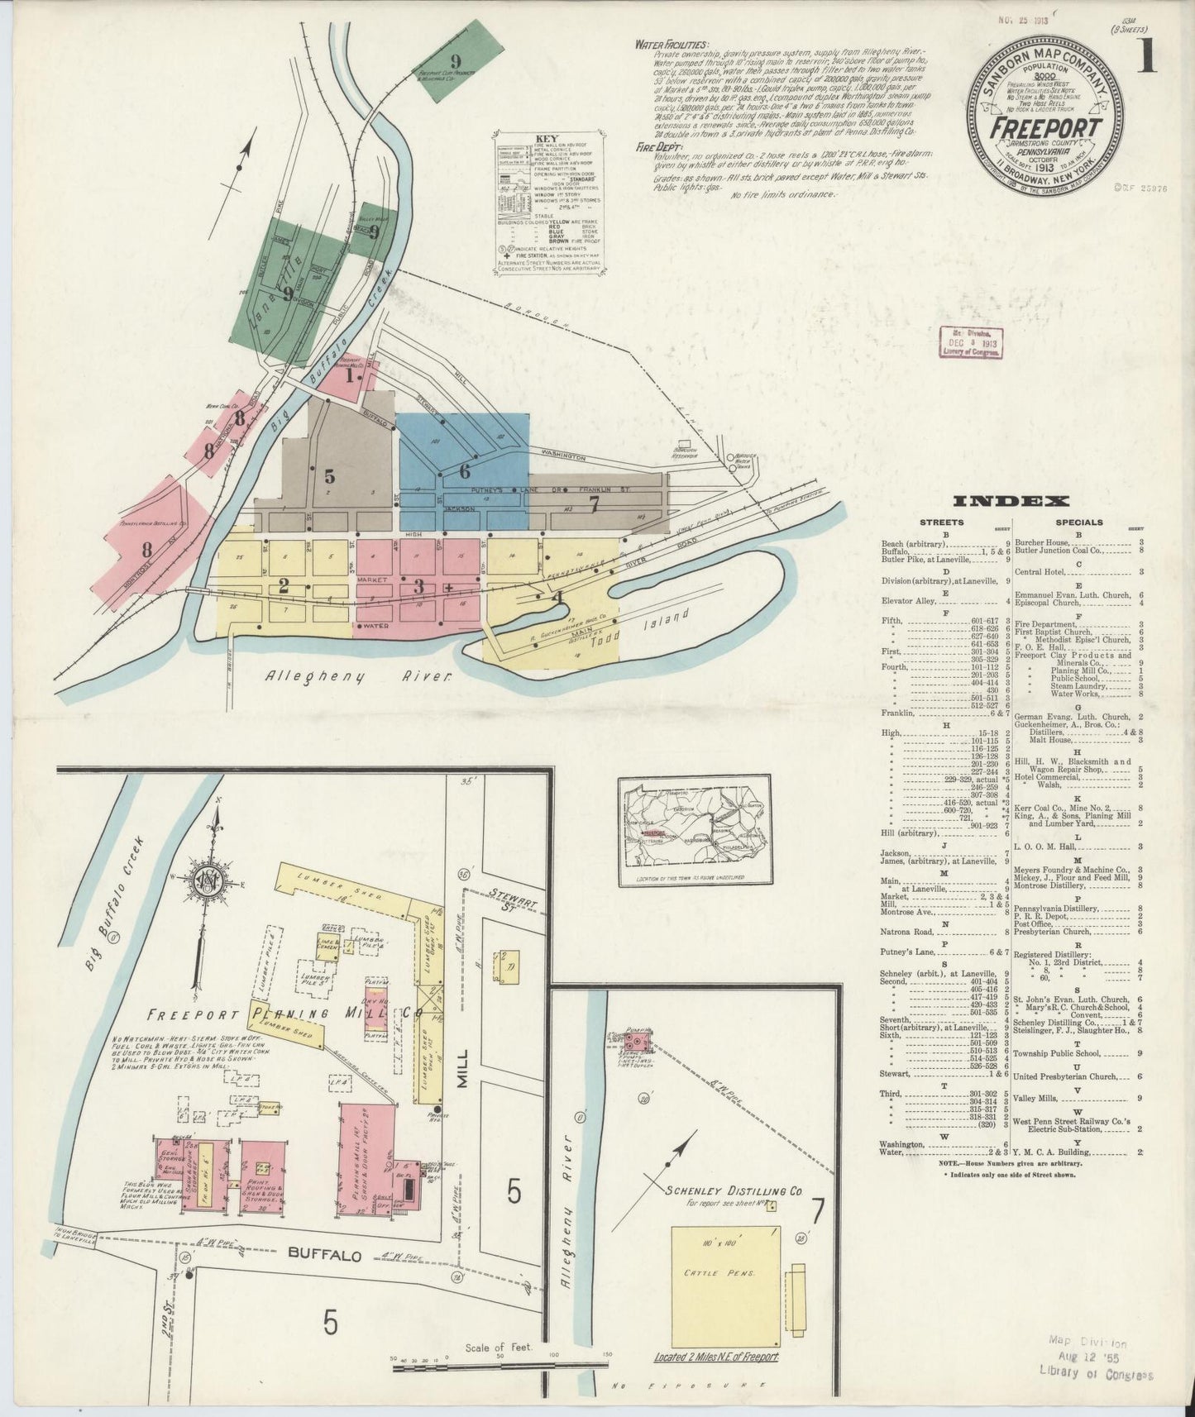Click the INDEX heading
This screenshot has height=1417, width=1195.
1011,501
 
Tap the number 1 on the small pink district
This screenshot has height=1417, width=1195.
349,376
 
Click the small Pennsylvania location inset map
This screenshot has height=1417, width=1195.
695,831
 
